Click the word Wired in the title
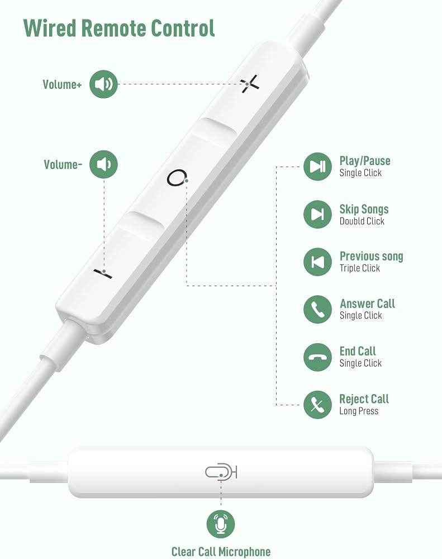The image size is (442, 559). pyautogui.click(x=50, y=28)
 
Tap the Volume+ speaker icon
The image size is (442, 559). pyautogui.click(x=103, y=84)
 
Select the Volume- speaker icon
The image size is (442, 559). pyautogui.click(x=103, y=164)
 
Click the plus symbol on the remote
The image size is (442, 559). pyautogui.click(x=250, y=84)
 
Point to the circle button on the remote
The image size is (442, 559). pyautogui.click(x=177, y=178)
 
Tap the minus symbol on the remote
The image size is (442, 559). pyautogui.click(x=103, y=273)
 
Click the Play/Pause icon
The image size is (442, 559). pyautogui.click(x=317, y=167)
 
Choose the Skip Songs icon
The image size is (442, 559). pyautogui.click(x=317, y=214)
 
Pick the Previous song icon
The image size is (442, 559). pyautogui.click(x=317, y=262)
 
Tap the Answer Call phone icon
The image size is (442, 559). pyautogui.click(x=317, y=310)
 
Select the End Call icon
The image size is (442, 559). pyautogui.click(x=317, y=357)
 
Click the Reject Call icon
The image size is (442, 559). pyautogui.click(x=317, y=405)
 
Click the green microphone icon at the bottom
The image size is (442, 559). pyautogui.click(x=221, y=524)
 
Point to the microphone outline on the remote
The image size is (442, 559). pyautogui.click(x=221, y=472)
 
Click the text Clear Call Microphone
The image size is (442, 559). pyautogui.click(x=221, y=552)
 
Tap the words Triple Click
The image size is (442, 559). pyautogui.click(x=360, y=268)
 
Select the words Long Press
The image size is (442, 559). pyautogui.click(x=359, y=411)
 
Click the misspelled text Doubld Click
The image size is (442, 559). pyautogui.click(x=362, y=221)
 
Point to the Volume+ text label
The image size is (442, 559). pyautogui.click(x=63, y=84)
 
